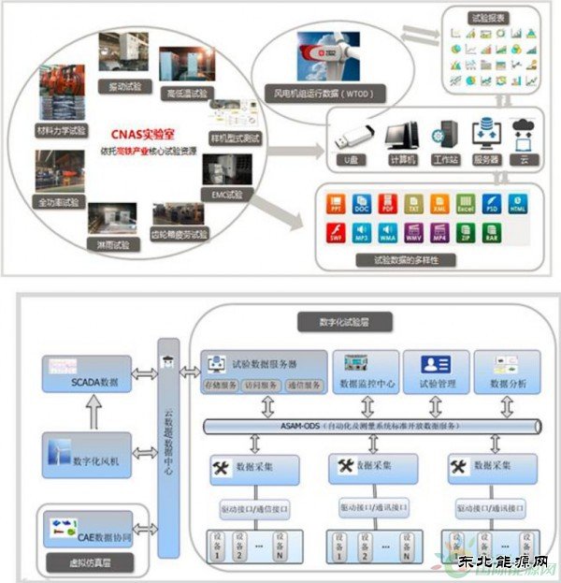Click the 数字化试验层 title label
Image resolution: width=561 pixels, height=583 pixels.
pos(330,322)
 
